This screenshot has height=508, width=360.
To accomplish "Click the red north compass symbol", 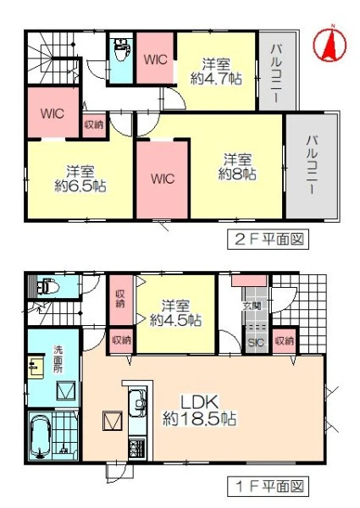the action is point(330,44).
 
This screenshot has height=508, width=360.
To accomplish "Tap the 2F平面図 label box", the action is point(268,239).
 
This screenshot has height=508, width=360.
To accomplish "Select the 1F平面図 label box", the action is point(268,486).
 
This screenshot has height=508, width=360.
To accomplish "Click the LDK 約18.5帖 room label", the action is point(199,411).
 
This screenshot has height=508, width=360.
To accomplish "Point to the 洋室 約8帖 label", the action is point(237,167).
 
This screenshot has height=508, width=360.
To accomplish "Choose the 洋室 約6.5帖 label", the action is point(80,179).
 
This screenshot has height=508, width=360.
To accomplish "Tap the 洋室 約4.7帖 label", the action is point(216,71).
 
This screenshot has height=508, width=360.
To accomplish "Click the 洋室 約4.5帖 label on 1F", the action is point(175,313).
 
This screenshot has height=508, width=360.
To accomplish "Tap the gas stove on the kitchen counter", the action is point(137,448).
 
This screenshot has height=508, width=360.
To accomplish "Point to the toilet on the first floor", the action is point(47,286).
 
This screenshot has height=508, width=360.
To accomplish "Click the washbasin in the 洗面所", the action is point(36,367).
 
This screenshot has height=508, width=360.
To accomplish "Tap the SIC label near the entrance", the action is point(256,342).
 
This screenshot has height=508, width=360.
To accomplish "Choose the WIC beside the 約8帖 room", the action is point(163,179).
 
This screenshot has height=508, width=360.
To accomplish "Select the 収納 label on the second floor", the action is point(94,124).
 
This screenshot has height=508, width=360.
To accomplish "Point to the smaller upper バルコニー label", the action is point(276,72).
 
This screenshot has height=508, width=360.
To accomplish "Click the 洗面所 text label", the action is point(58,359).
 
